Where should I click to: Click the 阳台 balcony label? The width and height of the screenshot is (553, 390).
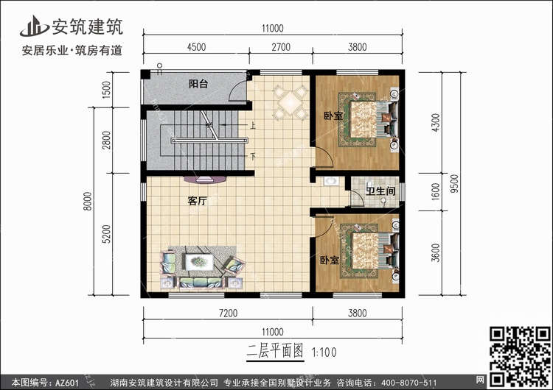pyautogui.click(x=198, y=84)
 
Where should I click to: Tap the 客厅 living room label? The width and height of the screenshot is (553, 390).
pyautogui.click(x=197, y=201)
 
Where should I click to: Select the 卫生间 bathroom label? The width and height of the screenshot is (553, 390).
pyautogui.click(x=380, y=191)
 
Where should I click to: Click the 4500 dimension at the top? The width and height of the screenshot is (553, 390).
pyautogui.click(x=196, y=47)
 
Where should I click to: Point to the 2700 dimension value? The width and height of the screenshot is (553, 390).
pyautogui.click(x=281, y=47)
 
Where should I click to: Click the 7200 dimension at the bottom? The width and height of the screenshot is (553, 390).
pyautogui.click(x=228, y=313)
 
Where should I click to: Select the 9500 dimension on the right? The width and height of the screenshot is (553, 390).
pyautogui.click(x=455, y=183)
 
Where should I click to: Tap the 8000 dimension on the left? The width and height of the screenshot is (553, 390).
pyautogui.click(x=88, y=202)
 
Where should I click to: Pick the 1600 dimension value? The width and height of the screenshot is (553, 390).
pyautogui.click(x=436, y=192)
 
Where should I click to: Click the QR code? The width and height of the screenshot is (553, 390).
pyautogui.click(x=521, y=356)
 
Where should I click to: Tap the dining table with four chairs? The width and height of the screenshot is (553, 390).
pyautogui.click(x=291, y=102)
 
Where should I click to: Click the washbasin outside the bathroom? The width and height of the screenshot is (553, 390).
pyautogui.click(x=330, y=181)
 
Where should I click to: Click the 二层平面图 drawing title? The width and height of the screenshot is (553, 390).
pyautogui.click(x=275, y=351)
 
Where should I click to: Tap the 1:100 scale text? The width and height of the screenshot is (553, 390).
pyautogui.click(x=324, y=352)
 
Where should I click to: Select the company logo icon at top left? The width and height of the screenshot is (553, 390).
pyautogui.click(x=34, y=26)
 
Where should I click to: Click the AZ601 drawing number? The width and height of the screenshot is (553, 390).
pyautogui.click(x=66, y=383)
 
